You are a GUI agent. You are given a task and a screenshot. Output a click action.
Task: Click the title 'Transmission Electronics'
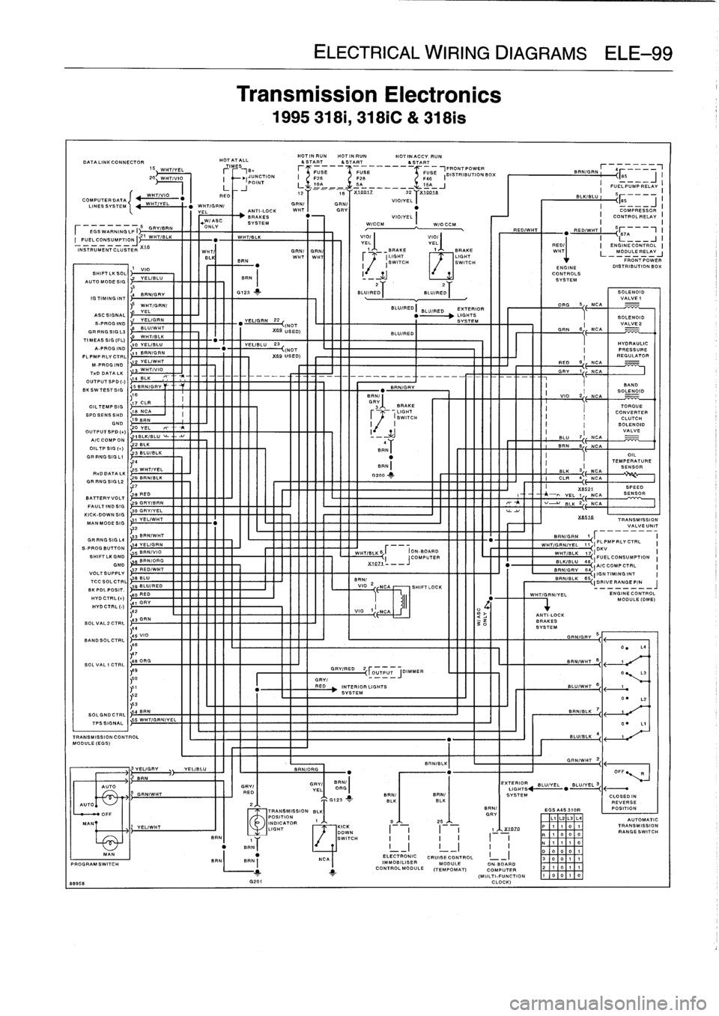point(368,95)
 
